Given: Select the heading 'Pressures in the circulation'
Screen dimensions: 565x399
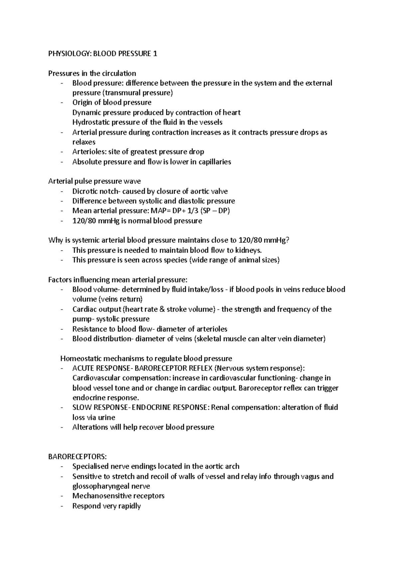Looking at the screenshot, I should (x=92, y=73).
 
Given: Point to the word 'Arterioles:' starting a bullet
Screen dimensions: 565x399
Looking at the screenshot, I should (x=88, y=152).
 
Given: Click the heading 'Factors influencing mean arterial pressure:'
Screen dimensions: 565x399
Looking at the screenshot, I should (x=118, y=280).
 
